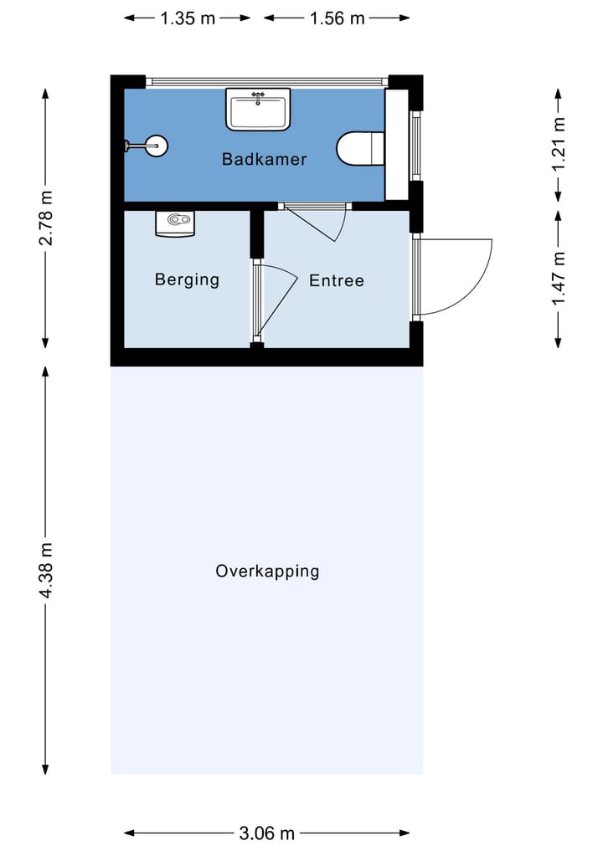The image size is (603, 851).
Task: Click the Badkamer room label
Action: click(264, 159)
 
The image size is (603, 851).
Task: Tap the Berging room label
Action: click(187, 279)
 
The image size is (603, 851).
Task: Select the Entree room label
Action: click(337, 280)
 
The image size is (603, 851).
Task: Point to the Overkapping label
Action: click(267, 572)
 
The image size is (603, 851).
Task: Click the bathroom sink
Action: click(258, 109)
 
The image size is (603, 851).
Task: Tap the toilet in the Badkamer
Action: click(361, 148)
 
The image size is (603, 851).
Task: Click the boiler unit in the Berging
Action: click(175, 223)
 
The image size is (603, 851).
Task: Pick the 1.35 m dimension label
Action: click(188, 18)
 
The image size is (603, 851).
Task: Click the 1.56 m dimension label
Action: click(337, 18)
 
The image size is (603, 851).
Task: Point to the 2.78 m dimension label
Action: click(46, 218)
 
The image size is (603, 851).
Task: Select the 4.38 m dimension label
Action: click(46, 571)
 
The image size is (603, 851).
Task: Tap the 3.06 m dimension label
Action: click(266, 833)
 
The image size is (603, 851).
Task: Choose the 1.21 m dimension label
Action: click(559, 144)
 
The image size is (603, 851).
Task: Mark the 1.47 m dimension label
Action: click(559, 279)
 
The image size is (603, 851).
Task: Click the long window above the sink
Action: click(266, 82)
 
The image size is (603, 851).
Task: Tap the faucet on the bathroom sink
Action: click(259, 96)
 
